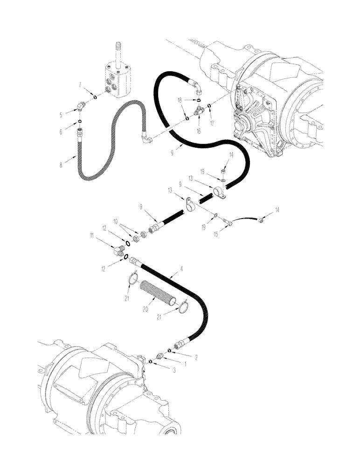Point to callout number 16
coord(199,132)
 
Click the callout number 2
coord(195,357)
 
